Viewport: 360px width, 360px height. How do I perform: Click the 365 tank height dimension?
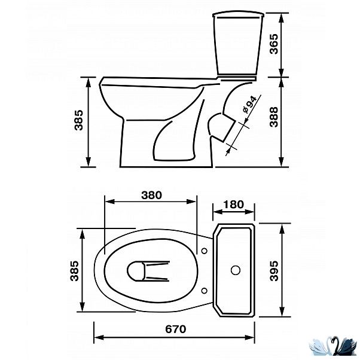(274, 44)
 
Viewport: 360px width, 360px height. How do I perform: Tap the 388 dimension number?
(274, 117)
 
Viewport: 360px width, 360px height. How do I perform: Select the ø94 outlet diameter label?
(249, 104)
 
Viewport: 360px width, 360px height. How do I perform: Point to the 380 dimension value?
(151, 195)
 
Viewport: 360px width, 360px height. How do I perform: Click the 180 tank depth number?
(233, 205)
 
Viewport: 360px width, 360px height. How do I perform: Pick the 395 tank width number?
(274, 271)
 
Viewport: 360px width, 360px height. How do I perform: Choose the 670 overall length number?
(176, 330)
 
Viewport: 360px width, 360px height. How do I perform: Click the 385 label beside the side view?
(78, 120)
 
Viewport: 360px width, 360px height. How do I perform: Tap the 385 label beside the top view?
(74, 271)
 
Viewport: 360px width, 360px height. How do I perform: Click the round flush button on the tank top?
(236, 270)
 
